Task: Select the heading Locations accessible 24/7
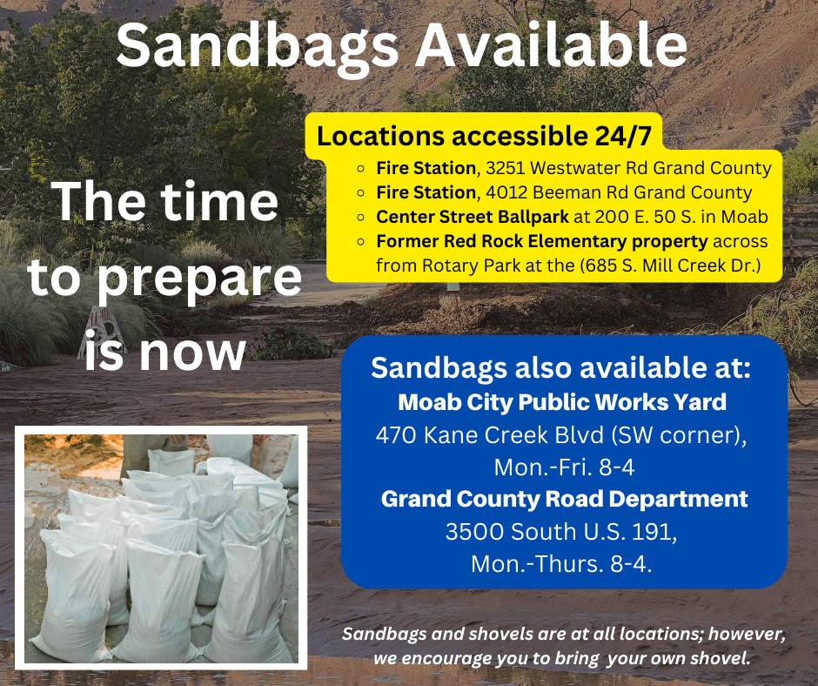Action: (x=483, y=137)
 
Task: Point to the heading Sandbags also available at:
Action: (x=560, y=367)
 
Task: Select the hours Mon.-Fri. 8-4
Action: (x=564, y=467)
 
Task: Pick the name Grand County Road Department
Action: (x=564, y=499)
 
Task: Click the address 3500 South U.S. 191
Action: (x=561, y=531)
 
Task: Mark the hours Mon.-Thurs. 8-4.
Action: (x=561, y=563)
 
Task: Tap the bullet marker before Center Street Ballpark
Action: (x=361, y=217)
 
